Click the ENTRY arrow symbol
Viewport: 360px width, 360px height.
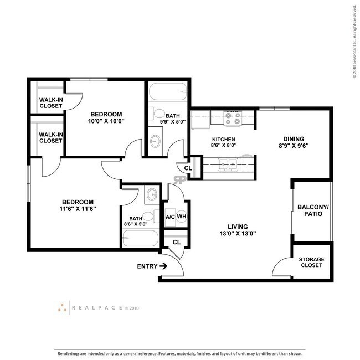pyautogui.click(x=163, y=266)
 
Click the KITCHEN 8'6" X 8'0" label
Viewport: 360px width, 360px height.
pyautogui.click(x=224, y=143)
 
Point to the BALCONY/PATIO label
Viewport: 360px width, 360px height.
pyautogui.click(x=313, y=210)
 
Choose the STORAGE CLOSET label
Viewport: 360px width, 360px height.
pyautogui.click(x=311, y=262)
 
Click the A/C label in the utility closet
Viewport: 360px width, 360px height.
pyautogui.click(x=170, y=217)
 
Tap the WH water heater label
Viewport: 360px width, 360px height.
pyautogui.click(x=182, y=217)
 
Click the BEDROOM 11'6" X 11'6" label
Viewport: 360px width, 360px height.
pyautogui.click(x=78, y=205)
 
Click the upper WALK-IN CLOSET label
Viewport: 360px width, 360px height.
pyautogui.click(x=50, y=104)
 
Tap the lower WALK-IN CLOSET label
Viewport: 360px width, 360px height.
pyautogui.click(x=50, y=137)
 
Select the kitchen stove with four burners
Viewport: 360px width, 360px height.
pyautogui.click(x=233, y=117)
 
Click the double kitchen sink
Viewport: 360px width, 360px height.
pyautogui.click(x=228, y=164)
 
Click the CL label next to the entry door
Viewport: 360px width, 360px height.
pyautogui.click(x=177, y=242)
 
